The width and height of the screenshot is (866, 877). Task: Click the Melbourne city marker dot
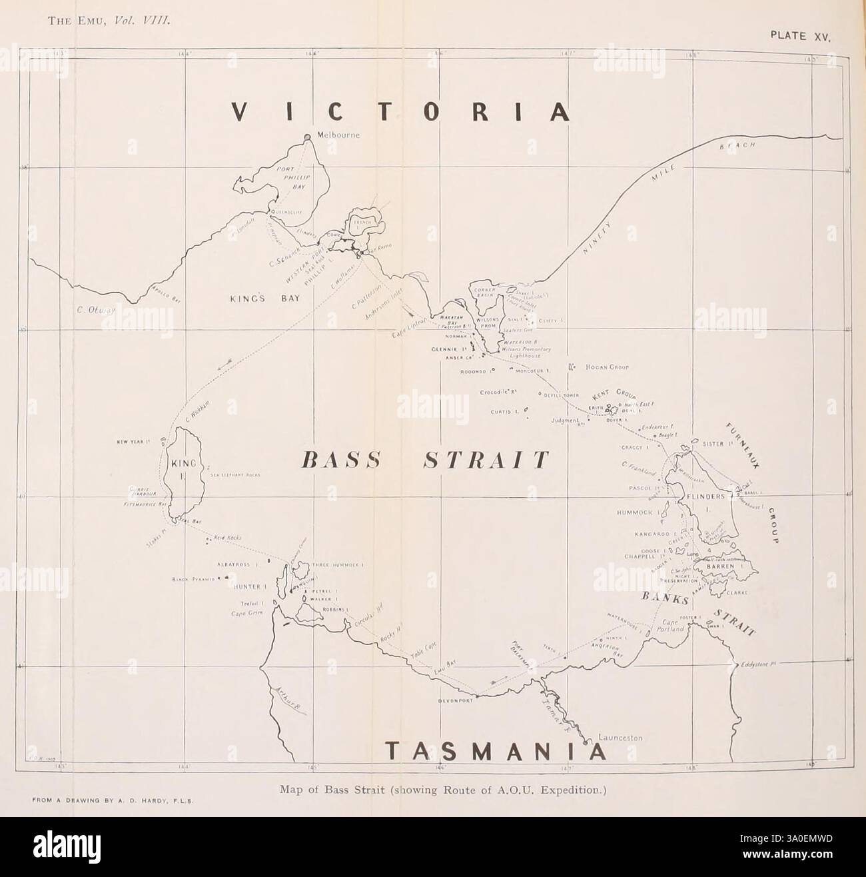[x=307, y=137]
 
